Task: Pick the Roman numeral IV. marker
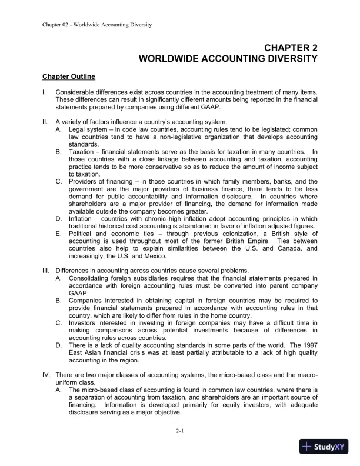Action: (45, 375)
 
